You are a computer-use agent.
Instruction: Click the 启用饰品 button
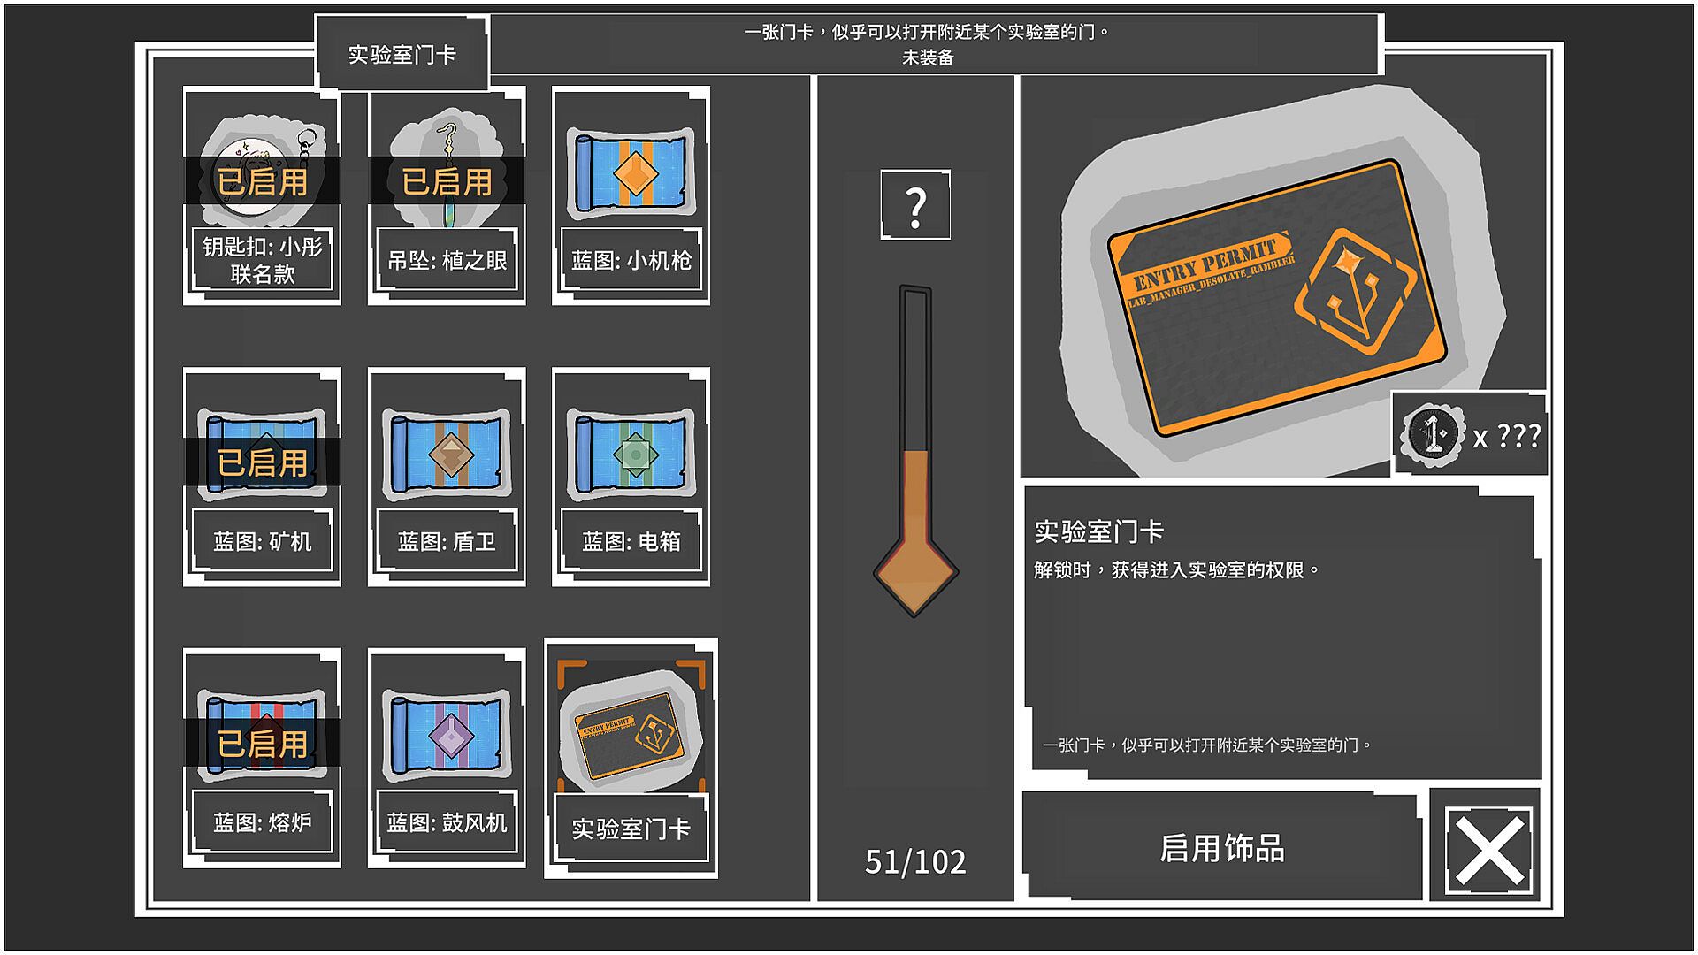pyautogui.click(x=1221, y=847)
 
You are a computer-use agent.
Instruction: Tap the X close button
pyautogui.click(x=1488, y=849)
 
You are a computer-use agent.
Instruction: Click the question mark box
pyautogui.click(x=915, y=204)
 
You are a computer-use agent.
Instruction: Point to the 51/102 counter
pyautogui.click(x=915, y=861)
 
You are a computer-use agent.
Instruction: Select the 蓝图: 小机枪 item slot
pyautogui.click(x=631, y=195)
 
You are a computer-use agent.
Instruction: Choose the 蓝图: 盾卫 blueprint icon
pyautogui.click(x=447, y=454)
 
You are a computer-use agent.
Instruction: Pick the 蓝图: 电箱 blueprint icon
pyautogui.click(x=631, y=454)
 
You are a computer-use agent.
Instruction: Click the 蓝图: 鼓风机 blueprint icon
pyautogui.click(x=447, y=735)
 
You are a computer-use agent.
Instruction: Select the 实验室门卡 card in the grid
pyautogui.click(x=631, y=758)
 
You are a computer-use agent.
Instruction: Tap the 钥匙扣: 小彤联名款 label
pyautogui.click(x=262, y=259)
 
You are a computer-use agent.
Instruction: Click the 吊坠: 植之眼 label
pyautogui.click(x=447, y=260)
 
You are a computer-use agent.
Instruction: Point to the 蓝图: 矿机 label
pyautogui.click(x=262, y=541)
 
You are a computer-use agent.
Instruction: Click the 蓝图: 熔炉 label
pyautogui.click(x=262, y=822)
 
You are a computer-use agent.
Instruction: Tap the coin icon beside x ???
pyautogui.click(x=1432, y=434)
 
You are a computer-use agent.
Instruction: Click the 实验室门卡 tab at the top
pyautogui.click(x=402, y=54)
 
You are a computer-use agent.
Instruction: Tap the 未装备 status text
pyautogui.click(x=928, y=57)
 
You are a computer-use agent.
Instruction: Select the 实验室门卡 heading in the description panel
pyautogui.click(x=1098, y=531)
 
